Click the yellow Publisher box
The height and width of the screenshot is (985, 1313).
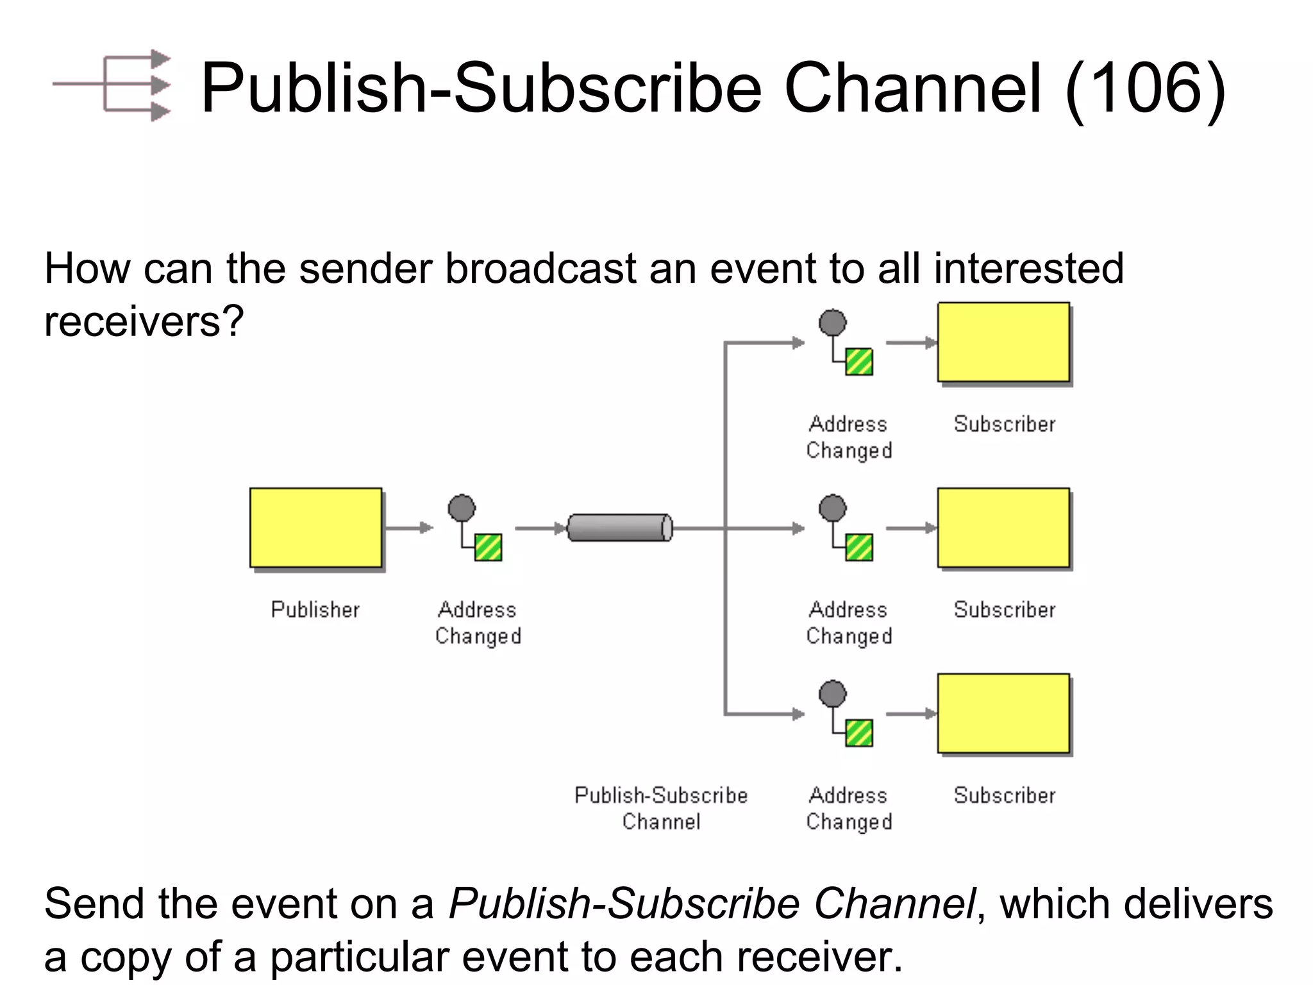coord(316,528)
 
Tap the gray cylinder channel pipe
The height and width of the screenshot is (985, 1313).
coord(620,528)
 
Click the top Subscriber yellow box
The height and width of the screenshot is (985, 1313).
coord(1003,342)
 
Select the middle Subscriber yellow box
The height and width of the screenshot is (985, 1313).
coord(1003,528)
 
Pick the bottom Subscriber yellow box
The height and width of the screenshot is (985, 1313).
coord(1003,713)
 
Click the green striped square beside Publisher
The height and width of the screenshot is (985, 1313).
coord(488,548)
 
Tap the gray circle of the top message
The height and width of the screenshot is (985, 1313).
coord(832,323)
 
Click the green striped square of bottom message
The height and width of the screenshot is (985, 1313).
coord(859,733)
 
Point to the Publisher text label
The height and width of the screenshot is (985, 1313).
coord(315,609)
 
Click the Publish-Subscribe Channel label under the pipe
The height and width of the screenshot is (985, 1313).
coord(661,808)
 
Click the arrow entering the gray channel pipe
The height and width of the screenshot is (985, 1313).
coord(540,528)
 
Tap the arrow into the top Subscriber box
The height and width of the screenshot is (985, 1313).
coord(910,343)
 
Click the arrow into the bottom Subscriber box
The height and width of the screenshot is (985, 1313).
coord(910,714)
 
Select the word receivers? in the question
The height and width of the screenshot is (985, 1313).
coord(144,321)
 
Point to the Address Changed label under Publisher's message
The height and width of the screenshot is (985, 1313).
coord(478,623)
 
